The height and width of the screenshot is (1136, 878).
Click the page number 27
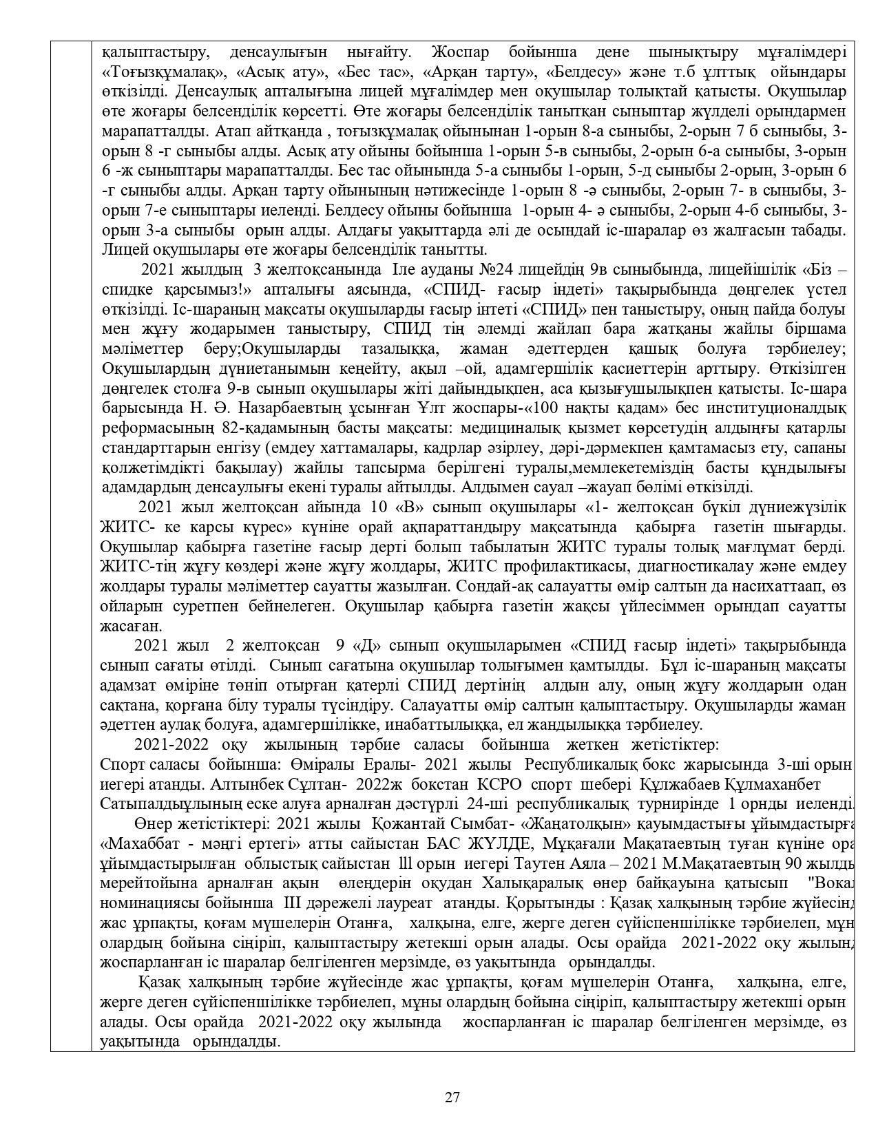452,1097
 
